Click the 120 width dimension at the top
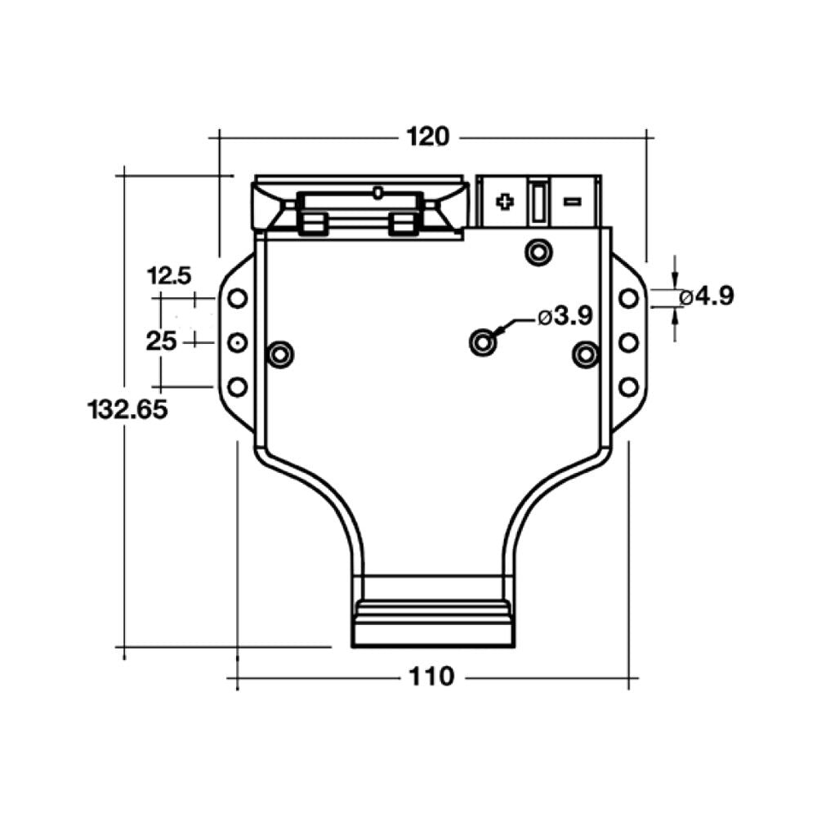pyautogui.click(x=429, y=136)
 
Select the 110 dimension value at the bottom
pyautogui.click(x=432, y=676)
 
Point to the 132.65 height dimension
pyautogui.click(x=127, y=408)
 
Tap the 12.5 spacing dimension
pyautogui.click(x=169, y=276)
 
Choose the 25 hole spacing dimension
pyautogui.click(x=161, y=341)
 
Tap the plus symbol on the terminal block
pyautogui.click(x=505, y=202)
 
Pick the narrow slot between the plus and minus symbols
pyautogui.click(x=538, y=202)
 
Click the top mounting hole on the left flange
pyautogui.click(x=237, y=298)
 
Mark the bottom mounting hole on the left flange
pyautogui.click(x=237, y=386)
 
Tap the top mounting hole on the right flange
pyautogui.click(x=627, y=298)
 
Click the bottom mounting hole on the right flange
pyautogui.click(x=627, y=386)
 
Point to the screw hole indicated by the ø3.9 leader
pyautogui.click(x=483, y=342)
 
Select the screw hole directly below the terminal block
pyautogui.click(x=538, y=252)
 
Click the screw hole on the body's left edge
pyautogui.click(x=280, y=354)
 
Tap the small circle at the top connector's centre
pyautogui.click(x=377, y=193)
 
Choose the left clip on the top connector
pyautogui.click(x=315, y=223)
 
